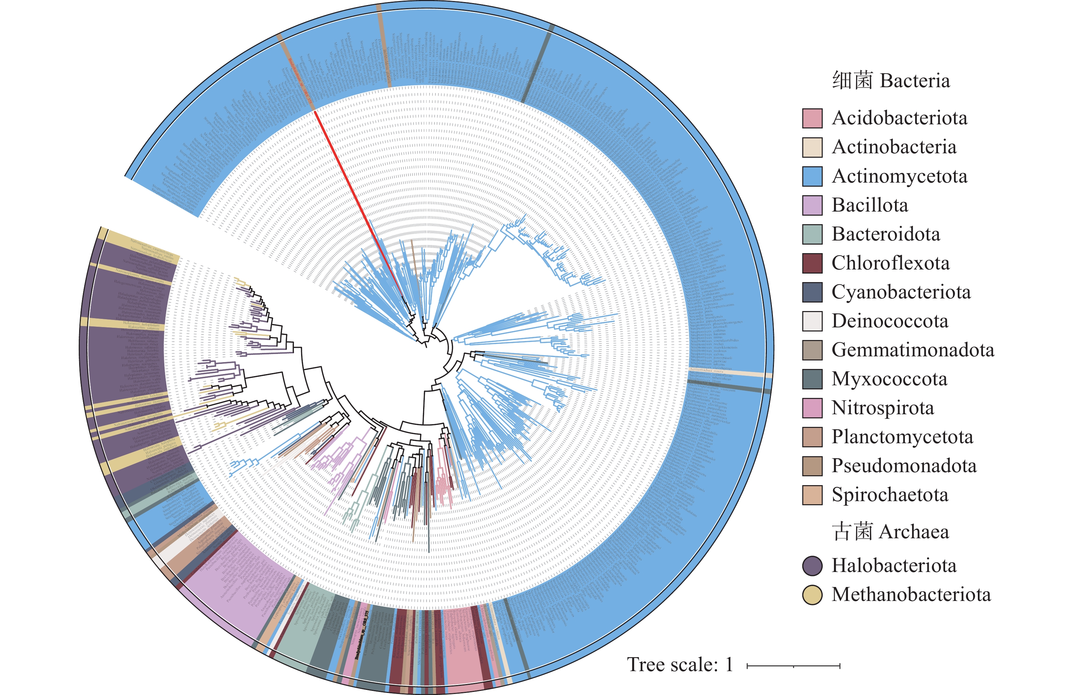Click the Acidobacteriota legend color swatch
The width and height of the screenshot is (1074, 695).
point(812,118)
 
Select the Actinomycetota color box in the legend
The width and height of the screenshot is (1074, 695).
point(812,176)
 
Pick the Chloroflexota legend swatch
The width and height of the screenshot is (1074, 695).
point(812,263)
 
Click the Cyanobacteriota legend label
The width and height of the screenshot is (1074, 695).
point(901,292)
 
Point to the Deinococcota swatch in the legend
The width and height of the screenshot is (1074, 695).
point(812,321)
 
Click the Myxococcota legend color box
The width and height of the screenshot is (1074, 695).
point(812,379)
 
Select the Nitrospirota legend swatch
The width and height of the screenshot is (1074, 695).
point(812,408)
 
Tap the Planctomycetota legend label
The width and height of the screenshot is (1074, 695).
point(902,437)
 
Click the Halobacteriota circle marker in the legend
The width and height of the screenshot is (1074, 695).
point(812,566)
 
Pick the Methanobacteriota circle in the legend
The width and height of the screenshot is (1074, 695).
point(812,595)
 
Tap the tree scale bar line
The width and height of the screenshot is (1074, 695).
point(793,666)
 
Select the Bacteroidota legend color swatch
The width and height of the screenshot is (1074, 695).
point(812,234)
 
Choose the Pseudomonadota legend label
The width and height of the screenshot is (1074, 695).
point(904,466)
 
